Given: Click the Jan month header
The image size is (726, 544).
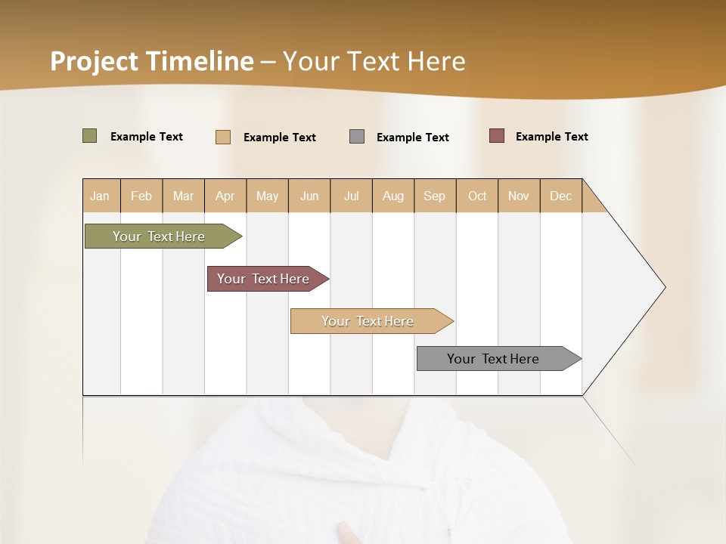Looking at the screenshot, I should coord(100,196).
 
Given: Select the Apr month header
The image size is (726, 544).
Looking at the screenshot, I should coord(225,196).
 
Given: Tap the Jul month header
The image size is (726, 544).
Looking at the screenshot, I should coord(351,196).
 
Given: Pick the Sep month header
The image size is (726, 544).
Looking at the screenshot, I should coord(434,196).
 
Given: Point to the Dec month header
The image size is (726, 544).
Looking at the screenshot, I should coord(560,196).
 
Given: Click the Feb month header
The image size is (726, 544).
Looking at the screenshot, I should coord(141,196).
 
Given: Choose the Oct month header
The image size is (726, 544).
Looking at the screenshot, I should coord(477,196).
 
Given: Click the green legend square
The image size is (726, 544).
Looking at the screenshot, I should coord(89,136).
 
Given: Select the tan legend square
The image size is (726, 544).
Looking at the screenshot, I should coord(223,137).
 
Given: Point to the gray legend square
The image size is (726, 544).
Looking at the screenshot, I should coord(357,137).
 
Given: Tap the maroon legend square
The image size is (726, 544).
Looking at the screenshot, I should coord(497,136).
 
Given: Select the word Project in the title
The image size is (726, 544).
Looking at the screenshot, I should coord(93,60).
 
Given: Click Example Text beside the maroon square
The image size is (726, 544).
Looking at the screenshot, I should coord(551,137).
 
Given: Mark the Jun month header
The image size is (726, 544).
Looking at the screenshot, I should coord(309,196).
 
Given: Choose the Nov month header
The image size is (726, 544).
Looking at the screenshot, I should coord(519,196).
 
